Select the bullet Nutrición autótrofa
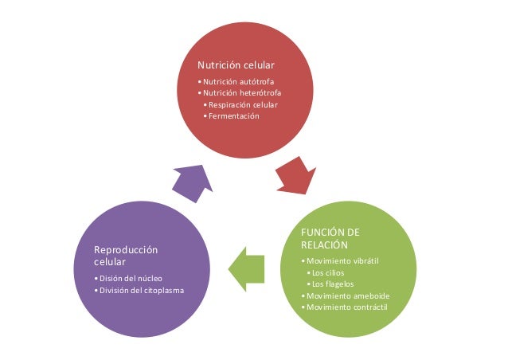tap(240, 82)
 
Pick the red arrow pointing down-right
tap(297, 177)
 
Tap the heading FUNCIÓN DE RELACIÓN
tap(330, 238)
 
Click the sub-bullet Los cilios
tap(328, 273)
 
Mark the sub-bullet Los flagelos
tap(333, 284)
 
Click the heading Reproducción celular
tap(125, 256)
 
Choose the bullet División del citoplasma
tap(141, 290)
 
